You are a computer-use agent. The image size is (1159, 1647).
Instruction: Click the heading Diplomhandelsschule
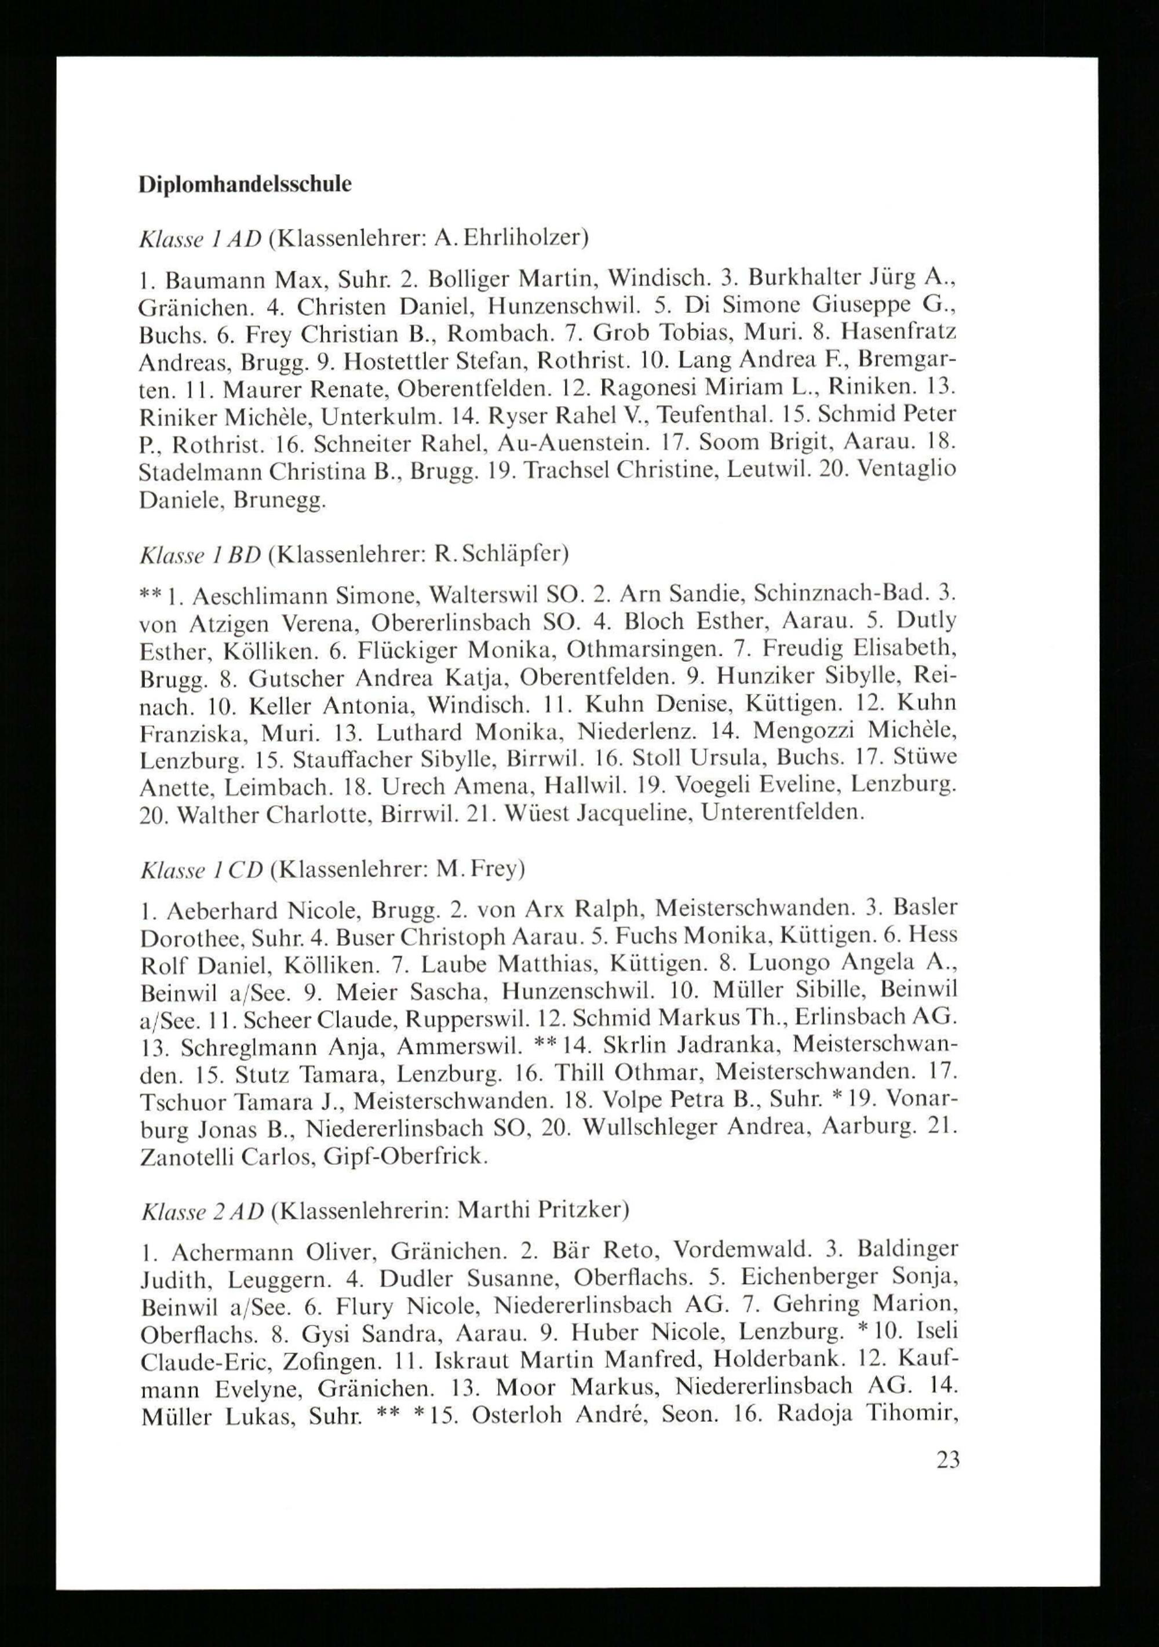click(x=245, y=184)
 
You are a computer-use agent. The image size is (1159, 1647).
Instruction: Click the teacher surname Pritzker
click(x=580, y=1210)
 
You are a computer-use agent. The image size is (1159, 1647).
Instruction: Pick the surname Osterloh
click(x=519, y=1415)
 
